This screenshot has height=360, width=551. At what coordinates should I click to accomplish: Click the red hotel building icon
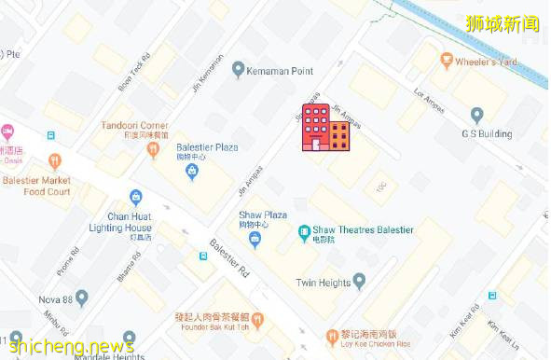[x=324, y=128]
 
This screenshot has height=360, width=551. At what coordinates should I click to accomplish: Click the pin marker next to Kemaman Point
[x=239, y=69]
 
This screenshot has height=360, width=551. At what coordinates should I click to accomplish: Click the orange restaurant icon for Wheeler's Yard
[x=445, y=62]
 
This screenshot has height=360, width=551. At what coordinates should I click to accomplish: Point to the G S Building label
[x=487, y=133]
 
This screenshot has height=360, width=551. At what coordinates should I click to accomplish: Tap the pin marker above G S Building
[x=477, y=115]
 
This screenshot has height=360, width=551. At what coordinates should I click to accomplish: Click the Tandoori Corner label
[x=135, y=126]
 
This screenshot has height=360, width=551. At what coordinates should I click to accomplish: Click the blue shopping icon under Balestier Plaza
[x=192, y=172]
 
